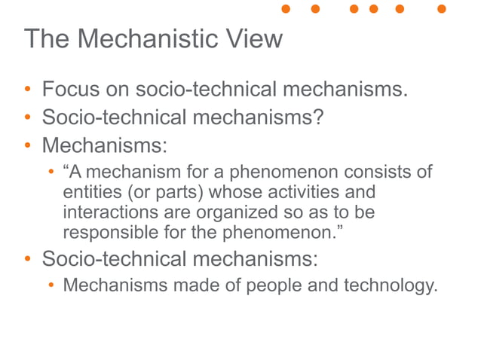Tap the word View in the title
255,38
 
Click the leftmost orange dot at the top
286,9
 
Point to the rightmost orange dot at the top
442,9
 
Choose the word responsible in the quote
112,232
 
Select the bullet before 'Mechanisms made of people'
51,286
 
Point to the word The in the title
47,38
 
